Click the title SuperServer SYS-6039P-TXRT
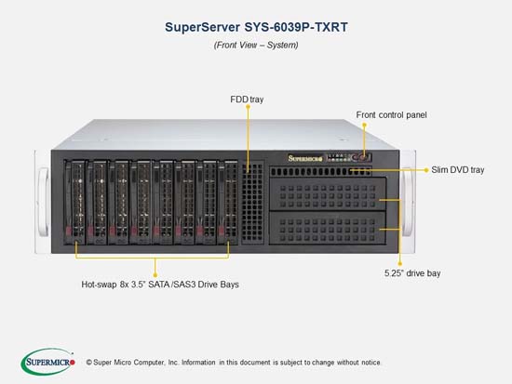(x=256, y=27)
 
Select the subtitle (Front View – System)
(x=256, y=45)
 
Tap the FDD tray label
(x=247, y=99)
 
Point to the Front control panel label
(x=391, y=115)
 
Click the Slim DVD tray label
(x=457, y=169)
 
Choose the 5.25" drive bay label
(x=412, y=273)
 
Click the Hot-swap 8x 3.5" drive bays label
(x=160, y=285)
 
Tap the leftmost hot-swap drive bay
(x=74, y=202)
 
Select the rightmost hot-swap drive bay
(x=227, y=202)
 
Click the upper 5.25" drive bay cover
(x=328, y=193)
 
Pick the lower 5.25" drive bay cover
(x=328, y=228)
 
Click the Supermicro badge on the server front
(x=305, y=159)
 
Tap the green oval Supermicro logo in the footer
(x=48, y=362)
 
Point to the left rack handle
(x=43, y=202)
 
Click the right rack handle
(x=408, y=202)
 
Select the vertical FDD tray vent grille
(x=252, y=203)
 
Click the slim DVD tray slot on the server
(x=320, y=171)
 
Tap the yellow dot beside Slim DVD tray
(x=426, y=170)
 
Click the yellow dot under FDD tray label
(x=249, y=107)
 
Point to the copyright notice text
(x=233, y=362)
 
